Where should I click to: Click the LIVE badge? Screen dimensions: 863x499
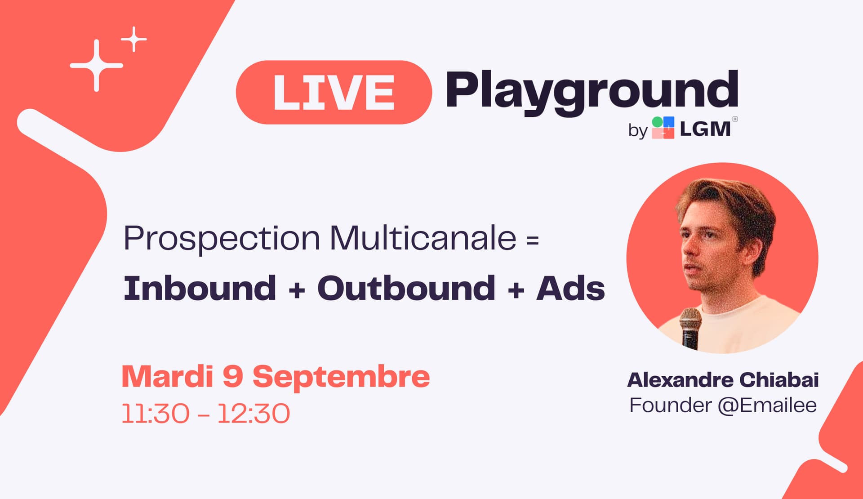point(334,92)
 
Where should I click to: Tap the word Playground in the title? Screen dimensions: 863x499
point(592,93)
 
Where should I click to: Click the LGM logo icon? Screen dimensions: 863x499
point(663,128)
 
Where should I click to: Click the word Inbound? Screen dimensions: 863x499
point(200,288)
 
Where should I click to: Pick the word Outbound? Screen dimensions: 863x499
point(406,288)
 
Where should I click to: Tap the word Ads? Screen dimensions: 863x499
point(571,288)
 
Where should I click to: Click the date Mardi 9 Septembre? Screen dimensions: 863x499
point(276,376)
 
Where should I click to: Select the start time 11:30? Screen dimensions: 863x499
point(156,414)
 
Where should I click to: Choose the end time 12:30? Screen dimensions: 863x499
point(254,414)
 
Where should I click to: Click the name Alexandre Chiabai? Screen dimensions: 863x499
point(723,380)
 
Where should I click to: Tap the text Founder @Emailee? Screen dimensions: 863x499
point(723,405)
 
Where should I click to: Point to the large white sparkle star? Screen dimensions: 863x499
point(97,66)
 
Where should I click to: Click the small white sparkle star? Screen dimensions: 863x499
point(134,39)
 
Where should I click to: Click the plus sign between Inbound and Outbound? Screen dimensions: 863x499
point(297,290)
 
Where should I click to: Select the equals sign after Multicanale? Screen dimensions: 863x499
point(533,240)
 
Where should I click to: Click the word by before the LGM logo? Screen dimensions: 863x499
point(638,131)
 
